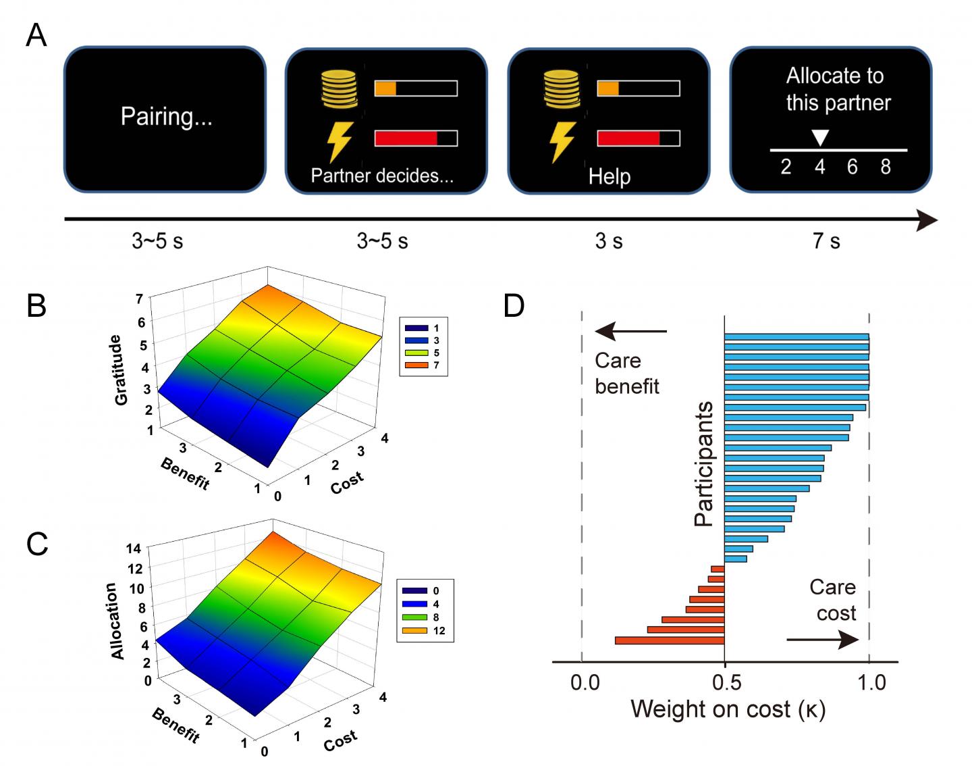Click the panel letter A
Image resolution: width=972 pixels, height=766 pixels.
pyautogui.click(x=36, y=34)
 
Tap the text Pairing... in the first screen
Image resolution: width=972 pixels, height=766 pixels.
pyautogui.click(x=166, y=117)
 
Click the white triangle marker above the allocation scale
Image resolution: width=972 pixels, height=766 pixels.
pyautogui.click(x=819, y=138)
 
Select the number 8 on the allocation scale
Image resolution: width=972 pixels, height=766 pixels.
pyautogui.click(x=886, y=166)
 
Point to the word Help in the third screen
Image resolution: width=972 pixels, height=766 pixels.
pyautogui.click(x=609, y=177)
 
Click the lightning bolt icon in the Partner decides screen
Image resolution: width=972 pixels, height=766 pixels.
pyautogui.click(x=340, y=142)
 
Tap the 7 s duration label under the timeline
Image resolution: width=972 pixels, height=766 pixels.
pyautogui.click(x=826, y=241)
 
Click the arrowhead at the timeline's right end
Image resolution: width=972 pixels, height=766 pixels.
pyautogui.click(x=927, y=220)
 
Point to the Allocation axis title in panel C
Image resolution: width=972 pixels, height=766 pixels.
pyautogui.click(x=117, y=621)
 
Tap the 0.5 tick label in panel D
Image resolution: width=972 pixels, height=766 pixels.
pyautogui.click(x=726, y=682)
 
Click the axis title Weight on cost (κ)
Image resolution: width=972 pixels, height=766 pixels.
pyautogui.click(x=728, y=709)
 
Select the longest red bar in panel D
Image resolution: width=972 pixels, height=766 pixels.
pyautogui.click(x=670, y=640)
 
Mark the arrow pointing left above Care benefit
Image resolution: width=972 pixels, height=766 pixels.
pyautogui.click(x=630, y=331)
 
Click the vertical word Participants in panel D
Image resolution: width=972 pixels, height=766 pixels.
pyautogui.click(x=704, y=464)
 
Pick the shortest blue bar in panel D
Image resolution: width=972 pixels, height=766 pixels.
pyautogui.click(x=736, y=559)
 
